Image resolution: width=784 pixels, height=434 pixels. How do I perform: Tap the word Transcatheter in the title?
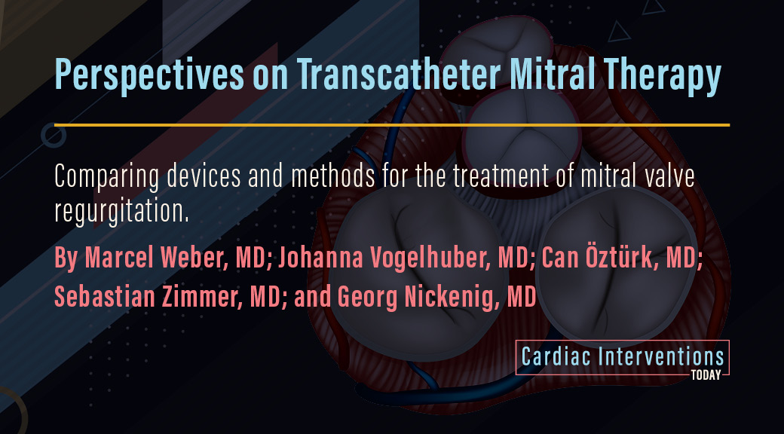[x=398, y=74]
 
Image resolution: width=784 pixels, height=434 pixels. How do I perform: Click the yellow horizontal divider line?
[x=392, y=124]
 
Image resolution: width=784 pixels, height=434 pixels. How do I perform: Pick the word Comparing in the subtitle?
[x=107, y=177]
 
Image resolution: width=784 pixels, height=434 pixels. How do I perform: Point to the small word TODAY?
[x=706, y=375]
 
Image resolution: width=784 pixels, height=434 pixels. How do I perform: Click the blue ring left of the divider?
[x=53, y=124]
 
